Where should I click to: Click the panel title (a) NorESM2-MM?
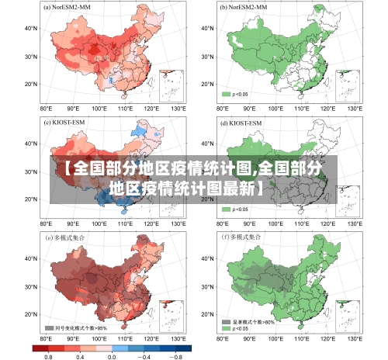click(x=68, y=8)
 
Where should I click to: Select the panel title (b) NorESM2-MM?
click(x=246, y=8)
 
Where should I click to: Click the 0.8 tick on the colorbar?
click(x=48, y=355)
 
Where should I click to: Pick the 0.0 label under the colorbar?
click(x=112, y=355)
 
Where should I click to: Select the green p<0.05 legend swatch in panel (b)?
click(x=227, y=94)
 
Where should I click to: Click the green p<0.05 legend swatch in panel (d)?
click(x=227, y=209)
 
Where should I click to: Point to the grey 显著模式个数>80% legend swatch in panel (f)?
click(x=227, y=320)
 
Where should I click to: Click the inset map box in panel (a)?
click(x=170, y=85)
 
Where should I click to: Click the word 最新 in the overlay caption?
click(x=235, y=189)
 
